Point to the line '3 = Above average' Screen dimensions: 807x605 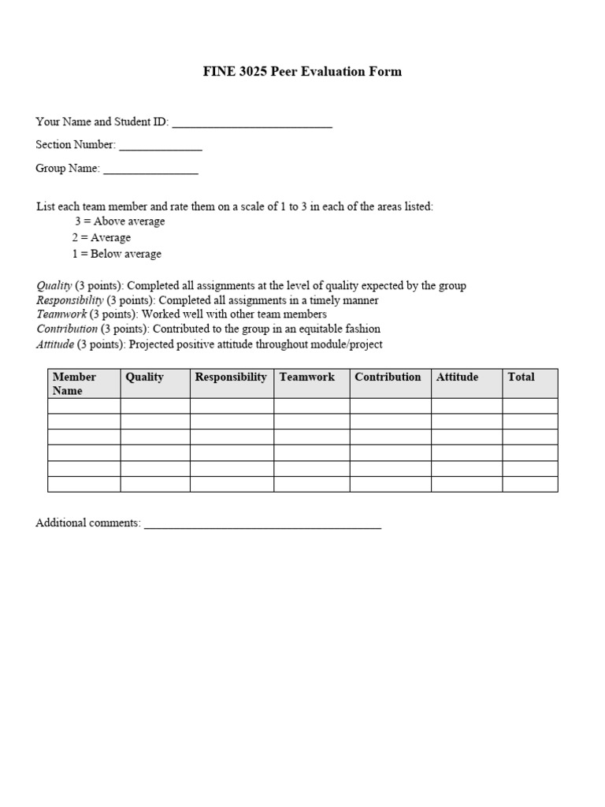(x=120, y=221)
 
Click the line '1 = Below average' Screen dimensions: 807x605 (x=117, y=254)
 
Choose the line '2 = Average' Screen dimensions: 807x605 (x=102, y=237)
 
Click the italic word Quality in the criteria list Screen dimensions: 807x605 (x=54, y=285)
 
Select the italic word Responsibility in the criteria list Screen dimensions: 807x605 (x=69, y=300)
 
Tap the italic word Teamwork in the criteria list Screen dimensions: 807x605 (x=61, y=314)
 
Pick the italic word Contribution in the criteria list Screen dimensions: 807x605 (x=67, y=329)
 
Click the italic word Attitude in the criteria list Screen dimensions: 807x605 (x=55, y=344)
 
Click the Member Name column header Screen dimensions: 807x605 (x=74, y=384)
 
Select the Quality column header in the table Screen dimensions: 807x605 (x=145, y=377)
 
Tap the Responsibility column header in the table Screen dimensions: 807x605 (x=231, y=377)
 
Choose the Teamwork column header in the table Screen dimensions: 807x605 (x=307, y=377)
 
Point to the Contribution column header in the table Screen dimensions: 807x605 (x=388, y=377)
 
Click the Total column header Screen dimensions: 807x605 (x=521, y=377)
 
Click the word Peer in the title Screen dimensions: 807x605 (x=283, y=72)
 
